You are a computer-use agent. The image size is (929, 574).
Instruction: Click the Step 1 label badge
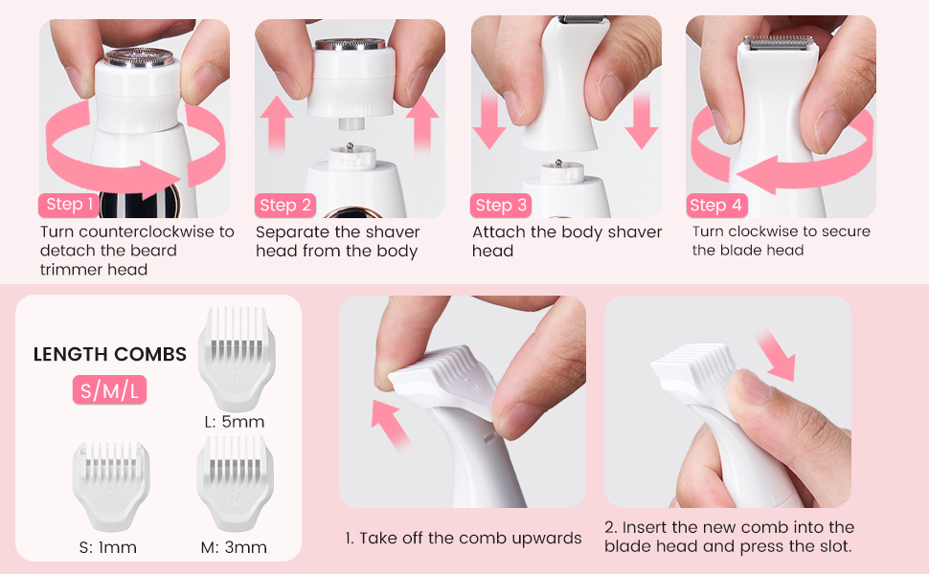click(68, 205)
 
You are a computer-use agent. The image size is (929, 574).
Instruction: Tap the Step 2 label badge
click(285, 206)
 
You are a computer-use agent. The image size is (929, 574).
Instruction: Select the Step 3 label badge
click(501, 206)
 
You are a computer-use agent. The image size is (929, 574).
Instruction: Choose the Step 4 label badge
click(715, 206)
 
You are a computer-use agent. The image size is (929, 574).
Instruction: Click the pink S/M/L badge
click(109, 390)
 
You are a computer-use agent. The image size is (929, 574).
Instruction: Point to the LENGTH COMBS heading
click(109, 354)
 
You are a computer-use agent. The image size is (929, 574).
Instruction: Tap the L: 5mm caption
click(235, 422)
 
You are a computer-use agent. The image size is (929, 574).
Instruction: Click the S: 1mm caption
click(108, 547)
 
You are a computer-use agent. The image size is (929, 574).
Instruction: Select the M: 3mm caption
click(234, 547)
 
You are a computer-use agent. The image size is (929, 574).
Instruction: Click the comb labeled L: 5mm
click(237, 359)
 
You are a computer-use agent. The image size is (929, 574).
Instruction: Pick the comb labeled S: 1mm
click(111, 486)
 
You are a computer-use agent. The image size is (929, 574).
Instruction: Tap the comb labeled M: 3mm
click(236, 484)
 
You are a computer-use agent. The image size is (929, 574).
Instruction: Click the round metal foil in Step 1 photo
click(139, 56)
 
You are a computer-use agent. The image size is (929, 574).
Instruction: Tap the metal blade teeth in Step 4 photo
click(778, 41)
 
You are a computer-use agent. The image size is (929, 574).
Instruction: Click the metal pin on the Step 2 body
click(351, 146)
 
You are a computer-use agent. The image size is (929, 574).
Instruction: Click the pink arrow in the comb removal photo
click(390, 424)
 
